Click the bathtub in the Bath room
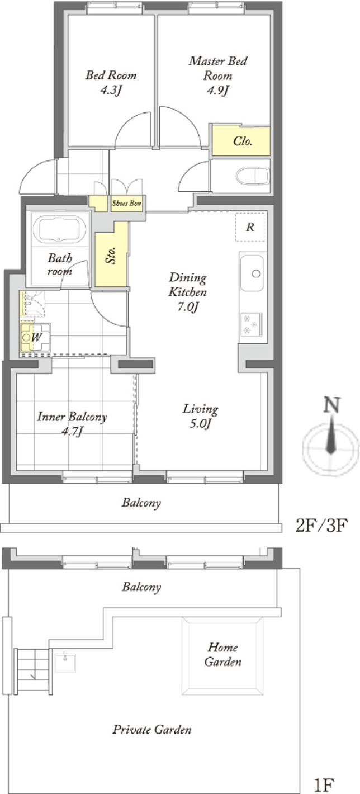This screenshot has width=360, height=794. pyautogui.click(x=63, y=230)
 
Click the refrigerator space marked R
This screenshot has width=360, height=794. pyautogui.click(x=250, y=227)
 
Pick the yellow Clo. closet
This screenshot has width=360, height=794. pyautogui.click(x=241, y=141)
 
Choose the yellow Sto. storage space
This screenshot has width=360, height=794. pyautogui.click(x=112, y=254)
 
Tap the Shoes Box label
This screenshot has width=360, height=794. pyautogui.click(x=127, y=204)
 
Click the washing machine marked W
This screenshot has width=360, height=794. pyautogui.click(x=35, y=337)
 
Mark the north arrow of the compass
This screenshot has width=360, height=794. pyautogui.click(x=331, y=435)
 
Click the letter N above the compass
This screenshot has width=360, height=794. pyautogui.click(x=332, y=405)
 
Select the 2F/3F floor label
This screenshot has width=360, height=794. pyautogui.click(x=321, y=525)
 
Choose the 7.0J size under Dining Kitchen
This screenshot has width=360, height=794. pyautogui.click(x=187, y=306)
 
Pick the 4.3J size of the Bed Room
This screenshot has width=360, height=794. pyautogui.click(x=111, y=91)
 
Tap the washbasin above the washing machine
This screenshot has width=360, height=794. pyautogui.click(x=32, y=304)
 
